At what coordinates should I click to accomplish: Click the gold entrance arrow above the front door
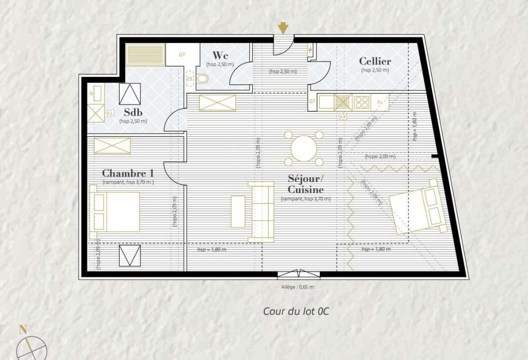click(283, 28)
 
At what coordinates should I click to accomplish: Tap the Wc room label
click(220, 55)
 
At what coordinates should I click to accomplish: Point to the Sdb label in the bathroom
click(133, 112)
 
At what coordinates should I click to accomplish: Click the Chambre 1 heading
click(128, 173)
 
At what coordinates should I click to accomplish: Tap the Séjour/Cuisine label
click(306, 184)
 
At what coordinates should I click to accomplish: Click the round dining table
click(304, 148)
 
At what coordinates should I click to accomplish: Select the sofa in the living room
click(261, 211)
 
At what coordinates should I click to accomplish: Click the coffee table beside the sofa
click(238, 211)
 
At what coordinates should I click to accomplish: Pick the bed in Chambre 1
click(115, 211)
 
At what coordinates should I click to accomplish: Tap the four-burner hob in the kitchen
click(361, 102)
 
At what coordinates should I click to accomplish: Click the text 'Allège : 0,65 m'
click(297, 287)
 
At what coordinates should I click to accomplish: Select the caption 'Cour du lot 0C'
click(296, 311)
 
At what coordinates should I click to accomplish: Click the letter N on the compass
click(23, 329)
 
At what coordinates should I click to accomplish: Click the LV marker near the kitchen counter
click(343, 117)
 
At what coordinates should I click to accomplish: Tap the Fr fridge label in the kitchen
click(380, 102)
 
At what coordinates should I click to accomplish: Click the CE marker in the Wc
click(190, 78)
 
